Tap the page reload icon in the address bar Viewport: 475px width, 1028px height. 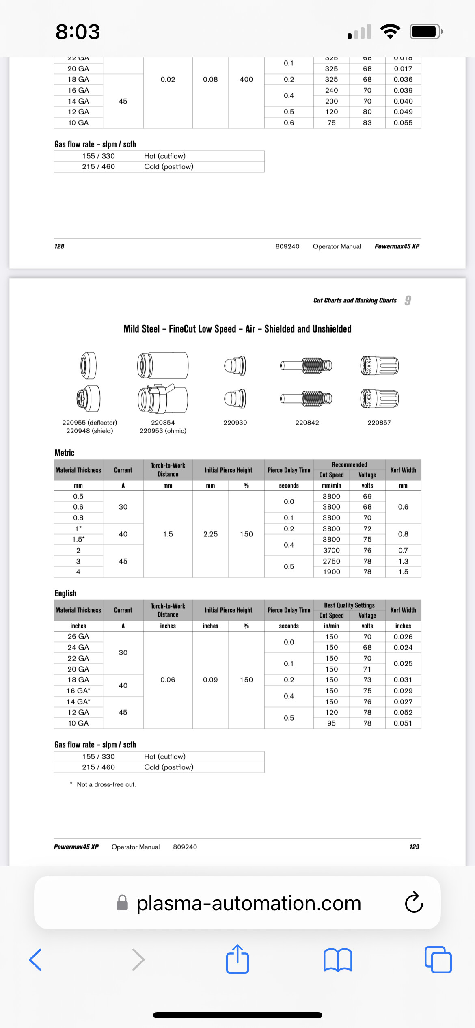click(414, 903)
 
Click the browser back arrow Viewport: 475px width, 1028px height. click(35, 960)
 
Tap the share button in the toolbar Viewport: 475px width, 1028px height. click(237, 959)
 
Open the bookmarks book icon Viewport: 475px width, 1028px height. click(338, 960)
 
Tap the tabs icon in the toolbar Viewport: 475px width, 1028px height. click(438, 960)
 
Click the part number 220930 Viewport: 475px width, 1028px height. click(235, 423)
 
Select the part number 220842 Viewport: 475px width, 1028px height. click(307, 423)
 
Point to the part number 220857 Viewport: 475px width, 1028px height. click(379, 423)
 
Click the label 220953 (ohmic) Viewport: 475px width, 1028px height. click(163, 431)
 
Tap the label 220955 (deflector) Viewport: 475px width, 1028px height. click(89, 423)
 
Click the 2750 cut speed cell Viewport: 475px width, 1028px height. click(331, 561)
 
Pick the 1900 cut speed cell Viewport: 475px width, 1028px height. click(331, 572)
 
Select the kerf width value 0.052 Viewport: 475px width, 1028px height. click(403, 712)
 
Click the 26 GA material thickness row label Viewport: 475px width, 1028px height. click(78, 637)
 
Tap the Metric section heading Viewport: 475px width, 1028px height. click(65, 453)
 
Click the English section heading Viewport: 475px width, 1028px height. click(65, 593)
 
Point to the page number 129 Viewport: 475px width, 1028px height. click(414, 847)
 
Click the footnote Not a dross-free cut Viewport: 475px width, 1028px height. click(106, 784)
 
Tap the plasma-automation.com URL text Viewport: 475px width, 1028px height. click(248, 903)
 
